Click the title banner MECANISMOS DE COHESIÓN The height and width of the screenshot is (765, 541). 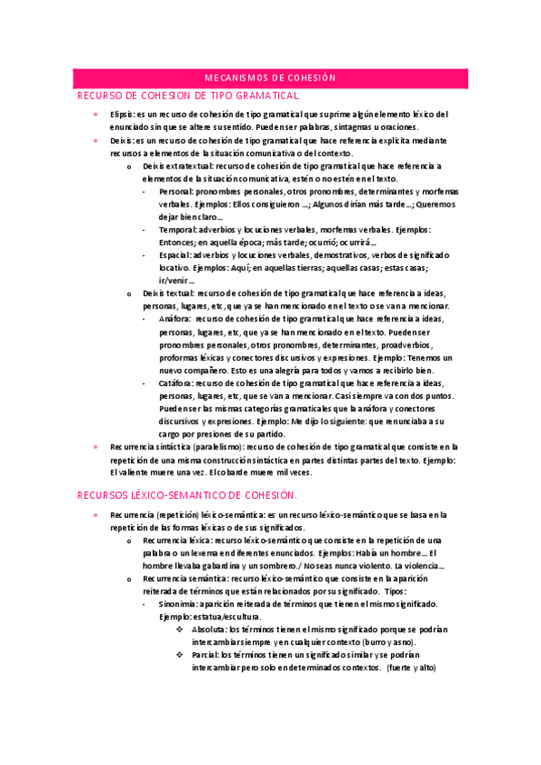pos(270,78)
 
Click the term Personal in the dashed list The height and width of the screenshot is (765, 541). pos(175,192)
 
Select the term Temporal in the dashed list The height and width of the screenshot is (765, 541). pos(178,230)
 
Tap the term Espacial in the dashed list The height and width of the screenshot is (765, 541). pos(176,255)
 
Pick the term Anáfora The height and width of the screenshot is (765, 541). pos(174,319)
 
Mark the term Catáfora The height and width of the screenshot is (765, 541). pos(175,382)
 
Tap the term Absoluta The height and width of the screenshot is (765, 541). pos(209,629)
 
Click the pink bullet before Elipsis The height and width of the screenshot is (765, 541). pos(96,115)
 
